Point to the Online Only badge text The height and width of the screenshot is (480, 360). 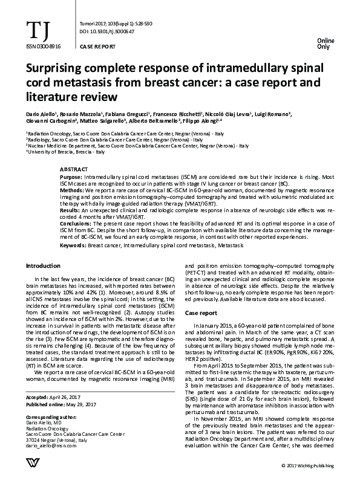326,42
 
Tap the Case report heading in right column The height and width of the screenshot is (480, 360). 200,314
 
